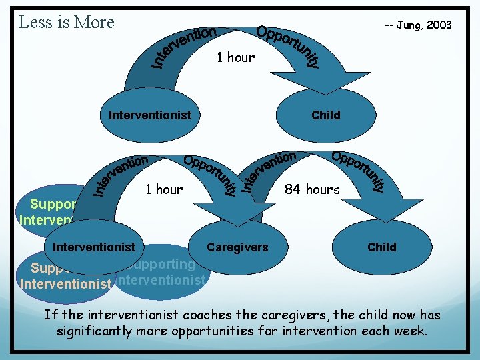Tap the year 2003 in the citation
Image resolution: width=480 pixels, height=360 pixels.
[x=439, y=25]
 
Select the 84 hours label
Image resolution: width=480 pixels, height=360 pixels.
[x=312, y=190]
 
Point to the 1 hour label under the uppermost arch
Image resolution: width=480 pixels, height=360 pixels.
[x=235, y=58]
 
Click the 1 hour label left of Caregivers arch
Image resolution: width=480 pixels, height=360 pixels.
[x=163, y=190]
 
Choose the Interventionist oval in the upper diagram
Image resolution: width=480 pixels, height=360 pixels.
[x=149, y=115]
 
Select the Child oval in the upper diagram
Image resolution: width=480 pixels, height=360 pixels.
[x=325, y=115]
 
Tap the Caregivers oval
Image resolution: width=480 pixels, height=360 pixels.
[x=237, y=247]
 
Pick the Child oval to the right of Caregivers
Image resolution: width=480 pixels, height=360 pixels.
[x=381, y=247]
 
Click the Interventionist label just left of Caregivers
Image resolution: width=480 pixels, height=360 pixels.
[x=93, y=247]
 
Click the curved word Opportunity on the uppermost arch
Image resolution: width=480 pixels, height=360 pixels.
[x=289, y=46]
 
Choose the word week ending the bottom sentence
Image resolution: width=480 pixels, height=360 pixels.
[x=411, y=330]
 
